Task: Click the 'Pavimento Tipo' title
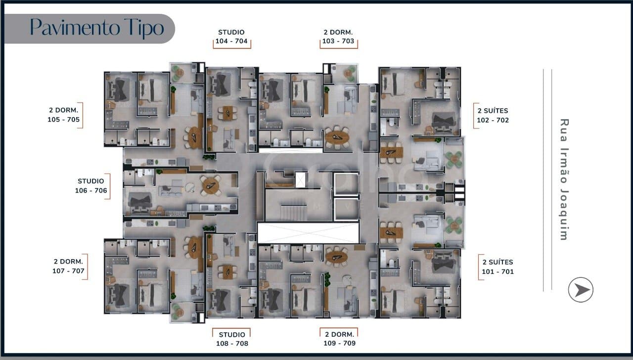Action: click(97, 28)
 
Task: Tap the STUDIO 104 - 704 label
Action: click(231, 37)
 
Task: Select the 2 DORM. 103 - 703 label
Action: click(338, 37)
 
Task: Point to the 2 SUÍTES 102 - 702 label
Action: click(493, 115)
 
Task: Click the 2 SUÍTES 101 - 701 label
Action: click(497, 267)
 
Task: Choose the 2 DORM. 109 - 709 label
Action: click(339, 339)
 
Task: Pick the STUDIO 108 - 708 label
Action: click(232, 339)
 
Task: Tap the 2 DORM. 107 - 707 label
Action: click(68, 266)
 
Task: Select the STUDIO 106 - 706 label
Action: click(91, 185)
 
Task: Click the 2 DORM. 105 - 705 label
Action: click(64, 115)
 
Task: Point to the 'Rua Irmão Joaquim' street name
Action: click(564, 180)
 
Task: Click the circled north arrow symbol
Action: click(581, 290)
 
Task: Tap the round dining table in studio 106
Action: click(211, 185)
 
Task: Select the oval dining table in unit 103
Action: click(337, 137)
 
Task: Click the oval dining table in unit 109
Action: click(336, 257)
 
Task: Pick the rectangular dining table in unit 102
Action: click(391, 153)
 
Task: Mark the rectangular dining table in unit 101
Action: click(391, 233)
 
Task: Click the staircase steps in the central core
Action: click(294, 213)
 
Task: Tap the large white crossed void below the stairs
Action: click(308, 233)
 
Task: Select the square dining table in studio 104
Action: click(228, 113)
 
